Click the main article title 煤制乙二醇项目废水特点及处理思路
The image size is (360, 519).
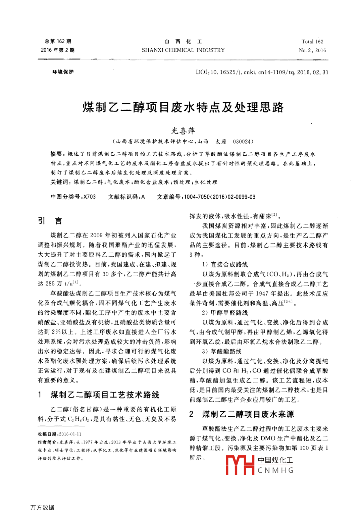(183, 107)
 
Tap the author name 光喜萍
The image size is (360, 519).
(183, 131)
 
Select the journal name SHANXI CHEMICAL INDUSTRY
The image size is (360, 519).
(183, 50)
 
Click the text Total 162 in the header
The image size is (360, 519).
(312, 42)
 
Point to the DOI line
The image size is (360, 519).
(262, 72)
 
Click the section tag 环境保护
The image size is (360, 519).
(63, 72)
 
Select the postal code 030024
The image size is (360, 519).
(243, 142)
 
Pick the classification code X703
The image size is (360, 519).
(90, 197)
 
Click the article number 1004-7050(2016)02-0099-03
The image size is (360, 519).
(220, 197)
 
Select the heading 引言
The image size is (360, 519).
(50, 221)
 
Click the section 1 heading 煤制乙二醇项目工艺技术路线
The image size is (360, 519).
(105, 395)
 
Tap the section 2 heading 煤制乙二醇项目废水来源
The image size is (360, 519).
(248, 414)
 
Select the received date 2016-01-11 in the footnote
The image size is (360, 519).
(70, 434)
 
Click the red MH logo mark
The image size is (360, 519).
(240, 465)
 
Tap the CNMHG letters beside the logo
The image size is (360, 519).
(275, 470)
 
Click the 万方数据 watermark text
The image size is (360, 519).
(42, 508)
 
